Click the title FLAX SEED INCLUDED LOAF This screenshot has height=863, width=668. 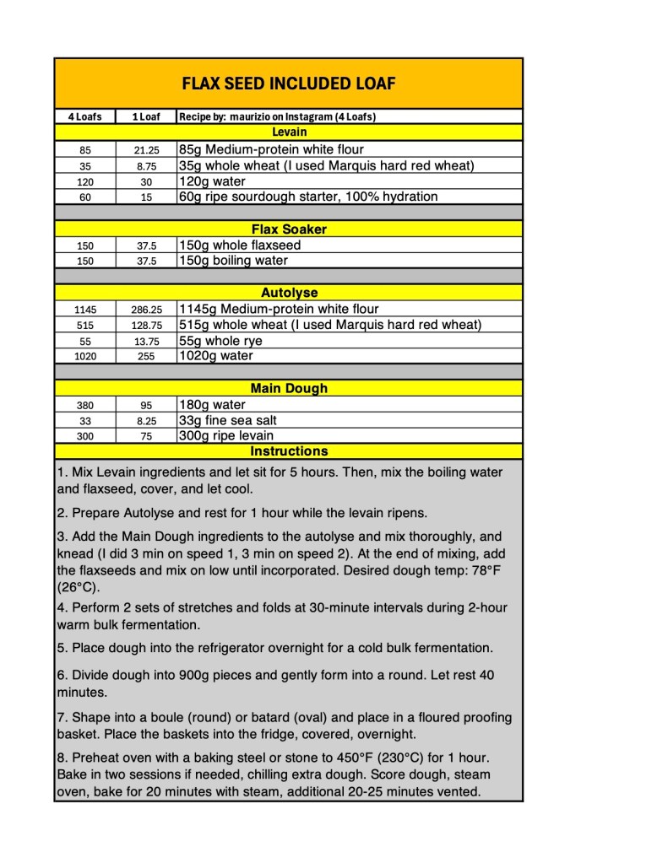point(289,84)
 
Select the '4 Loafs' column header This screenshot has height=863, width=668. point(84,116)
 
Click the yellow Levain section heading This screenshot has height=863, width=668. point(289,132)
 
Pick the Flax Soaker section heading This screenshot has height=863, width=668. point(289,229)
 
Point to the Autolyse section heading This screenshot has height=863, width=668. point(289,293)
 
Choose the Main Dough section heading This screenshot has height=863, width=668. point(289,389)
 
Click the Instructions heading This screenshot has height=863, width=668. point(289,451)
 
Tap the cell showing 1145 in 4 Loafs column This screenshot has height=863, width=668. point(84,310)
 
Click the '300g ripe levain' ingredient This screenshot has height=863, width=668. point(225,436)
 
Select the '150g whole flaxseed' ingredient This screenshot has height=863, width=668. point(239,245)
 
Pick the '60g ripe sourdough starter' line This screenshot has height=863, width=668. point(307,197)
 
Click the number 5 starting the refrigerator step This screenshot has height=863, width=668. point(61,648)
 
